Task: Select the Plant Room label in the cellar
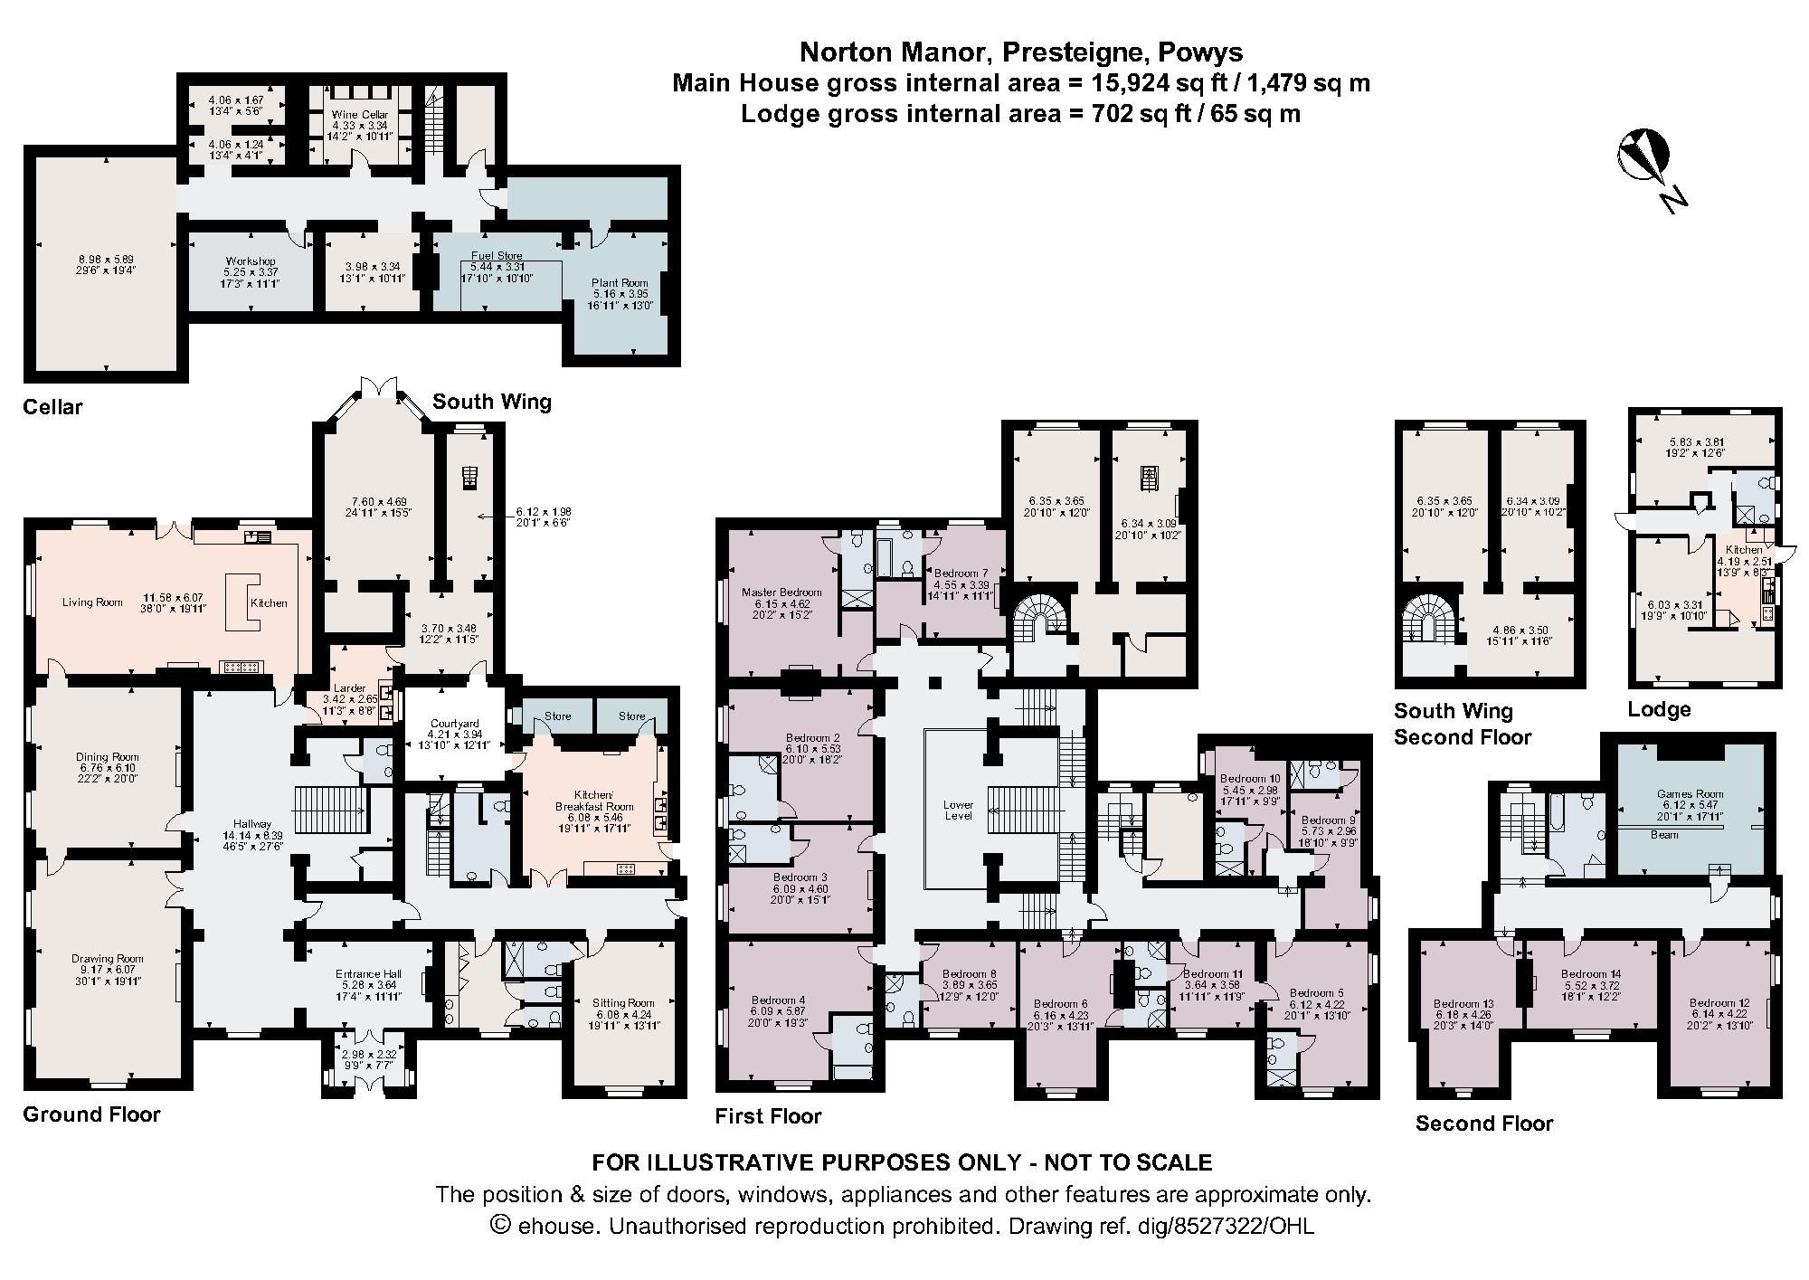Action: (x=620, y=283)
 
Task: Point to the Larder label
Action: (x=349, y=688)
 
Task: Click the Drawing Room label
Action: (x=108, y=958)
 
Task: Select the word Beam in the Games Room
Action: (x=1664, y=835)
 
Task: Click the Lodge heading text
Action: (x=1658, y=709)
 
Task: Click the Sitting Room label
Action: (x=622, y=1002)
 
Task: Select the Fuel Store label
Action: (x=497, y=256)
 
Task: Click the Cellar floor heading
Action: (x=52, y=407)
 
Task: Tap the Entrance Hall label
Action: (x=367, y=974)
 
